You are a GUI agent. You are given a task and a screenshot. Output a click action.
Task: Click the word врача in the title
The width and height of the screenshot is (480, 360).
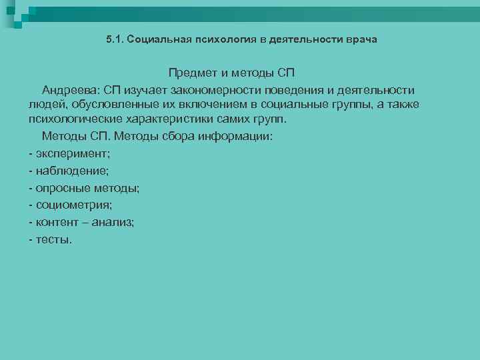tap(361, 39)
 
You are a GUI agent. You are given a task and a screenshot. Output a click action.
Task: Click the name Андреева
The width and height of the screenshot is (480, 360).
tap(68, 90)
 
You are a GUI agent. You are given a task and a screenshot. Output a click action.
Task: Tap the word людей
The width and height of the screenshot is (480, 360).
tap(44, 105)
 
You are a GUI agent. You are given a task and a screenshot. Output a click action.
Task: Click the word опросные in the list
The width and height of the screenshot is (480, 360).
tap(61, 188)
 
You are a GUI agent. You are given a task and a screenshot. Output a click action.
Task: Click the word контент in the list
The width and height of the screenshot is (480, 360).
tap(57, 223)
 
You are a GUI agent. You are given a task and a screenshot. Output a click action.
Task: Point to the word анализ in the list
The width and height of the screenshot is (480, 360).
tap(116, 223)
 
